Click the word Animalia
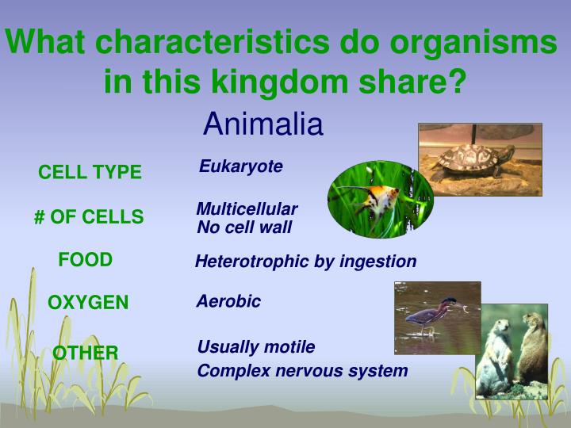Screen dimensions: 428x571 (x=263, y=124)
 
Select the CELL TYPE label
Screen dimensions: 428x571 (x=90, y=172)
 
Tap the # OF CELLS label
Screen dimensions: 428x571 (x=89, y=217)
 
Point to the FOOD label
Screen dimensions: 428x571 (x=86, y=260)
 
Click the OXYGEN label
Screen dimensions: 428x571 (x=88, y=303)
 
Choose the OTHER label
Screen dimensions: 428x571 (x=86, y=353)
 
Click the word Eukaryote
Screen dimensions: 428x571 (x=240, y=166)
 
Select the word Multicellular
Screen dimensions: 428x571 (x=247, y=209)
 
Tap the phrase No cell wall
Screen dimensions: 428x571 (x=244, y=227)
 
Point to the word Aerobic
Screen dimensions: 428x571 (x=228, y=302)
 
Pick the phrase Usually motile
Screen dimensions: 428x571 (x=255, y=347)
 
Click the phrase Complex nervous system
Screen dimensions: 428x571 (x=302, y=371)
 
